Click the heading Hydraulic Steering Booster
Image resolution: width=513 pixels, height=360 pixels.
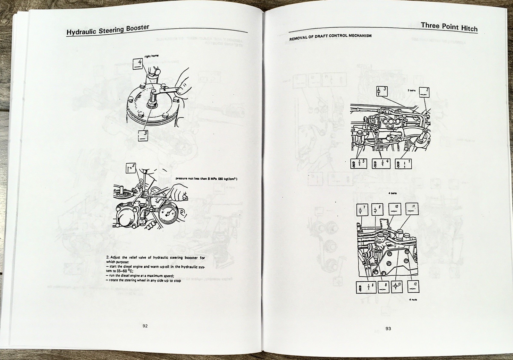(108, 30)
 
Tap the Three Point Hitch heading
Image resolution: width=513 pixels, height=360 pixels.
(449, 27)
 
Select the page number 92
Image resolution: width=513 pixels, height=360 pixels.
(145, 326)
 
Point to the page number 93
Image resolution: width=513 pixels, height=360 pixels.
(388, 329)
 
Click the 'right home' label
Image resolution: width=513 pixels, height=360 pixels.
(151, 56)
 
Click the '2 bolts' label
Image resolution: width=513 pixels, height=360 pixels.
(412, 91)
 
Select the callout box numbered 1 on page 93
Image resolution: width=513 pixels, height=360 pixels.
(403, 163)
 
